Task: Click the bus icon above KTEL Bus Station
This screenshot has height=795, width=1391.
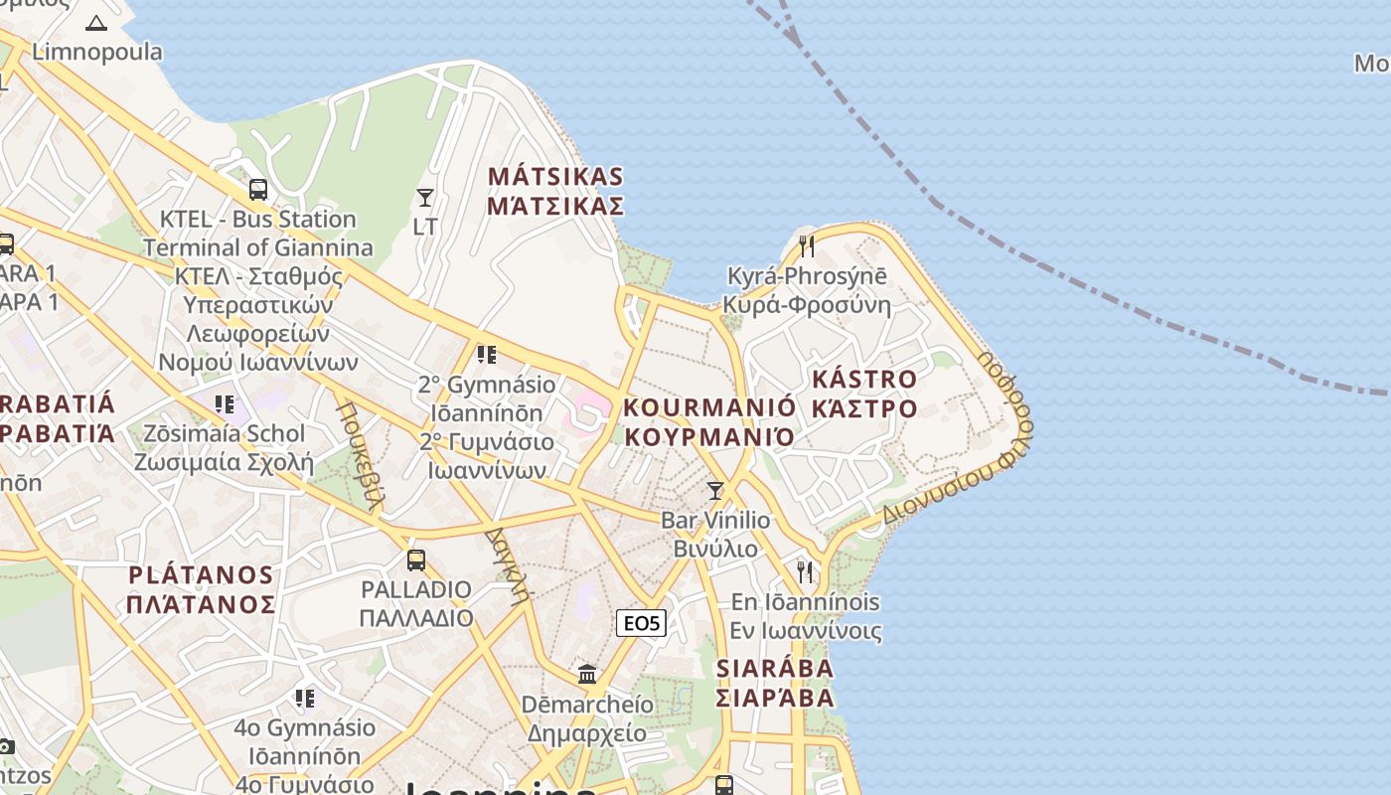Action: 258,189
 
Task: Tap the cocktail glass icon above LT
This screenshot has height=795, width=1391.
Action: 425,198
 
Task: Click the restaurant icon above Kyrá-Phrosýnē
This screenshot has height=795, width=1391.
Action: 807,245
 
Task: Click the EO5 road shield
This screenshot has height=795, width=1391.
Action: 641,623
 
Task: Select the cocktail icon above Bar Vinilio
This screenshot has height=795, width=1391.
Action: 714,490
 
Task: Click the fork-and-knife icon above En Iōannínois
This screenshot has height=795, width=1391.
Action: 805,571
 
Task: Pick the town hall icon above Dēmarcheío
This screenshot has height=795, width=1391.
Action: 587,675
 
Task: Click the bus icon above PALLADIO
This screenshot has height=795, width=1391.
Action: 416,559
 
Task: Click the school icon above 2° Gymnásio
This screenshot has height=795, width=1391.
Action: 486,354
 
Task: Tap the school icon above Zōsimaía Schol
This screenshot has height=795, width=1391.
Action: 226,403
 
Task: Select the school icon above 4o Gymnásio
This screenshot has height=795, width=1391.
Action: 305,698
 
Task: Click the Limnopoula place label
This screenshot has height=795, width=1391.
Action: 97,52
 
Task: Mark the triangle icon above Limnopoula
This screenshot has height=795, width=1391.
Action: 96,23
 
